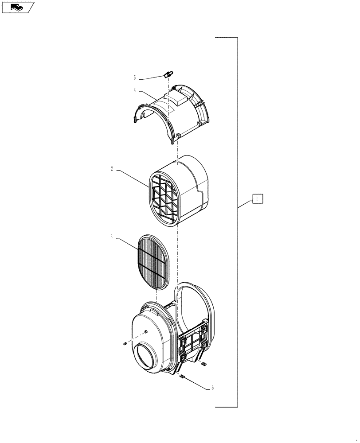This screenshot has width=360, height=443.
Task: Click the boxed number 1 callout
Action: [258, 199]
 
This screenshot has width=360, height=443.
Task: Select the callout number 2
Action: [112, 168]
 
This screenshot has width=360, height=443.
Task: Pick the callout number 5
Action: [135, 78]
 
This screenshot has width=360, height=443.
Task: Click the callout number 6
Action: [212, 388]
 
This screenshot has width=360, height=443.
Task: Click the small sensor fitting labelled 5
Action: [168, 74]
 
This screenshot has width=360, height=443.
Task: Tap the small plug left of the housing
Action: [125, 343]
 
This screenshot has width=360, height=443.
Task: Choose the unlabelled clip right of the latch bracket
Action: [204, 364]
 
